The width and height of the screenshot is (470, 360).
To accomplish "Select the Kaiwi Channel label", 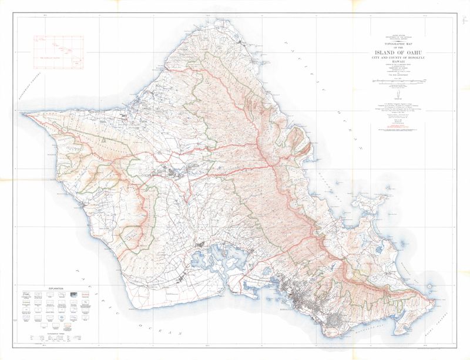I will [x=442, y=327].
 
